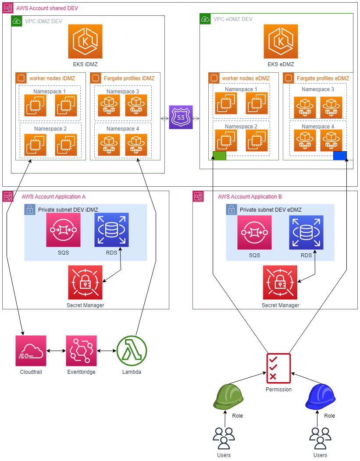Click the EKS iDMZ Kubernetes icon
[x=85, y=41]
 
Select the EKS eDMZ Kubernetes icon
[x=281, y=41]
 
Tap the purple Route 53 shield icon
[x=181, y=117]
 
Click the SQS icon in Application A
[x=63, y=230]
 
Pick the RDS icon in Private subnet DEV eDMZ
[x=306, y=232]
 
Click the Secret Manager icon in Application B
[x=280, y=282]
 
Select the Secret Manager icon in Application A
[x=85, y=282]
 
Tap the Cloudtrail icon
[x=31, y=351]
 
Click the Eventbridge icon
[x=81, y=351]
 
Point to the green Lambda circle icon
[x=132, y=351]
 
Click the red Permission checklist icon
[x=278, y=367]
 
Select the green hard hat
[x=228, y=397]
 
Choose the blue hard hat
[x=321, y=397]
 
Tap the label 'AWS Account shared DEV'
[x=47, y=8]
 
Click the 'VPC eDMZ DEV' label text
[x=233, y=19]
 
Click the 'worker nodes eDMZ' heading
[x=246, y=78]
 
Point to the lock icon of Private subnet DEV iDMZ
[x=29, y=209]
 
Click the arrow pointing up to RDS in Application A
[x=120, y=255]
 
